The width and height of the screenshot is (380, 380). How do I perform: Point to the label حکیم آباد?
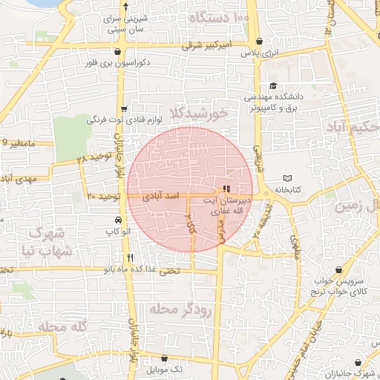(x=353, y=127)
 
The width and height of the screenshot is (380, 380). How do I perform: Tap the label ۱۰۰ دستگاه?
(x=219, y=16)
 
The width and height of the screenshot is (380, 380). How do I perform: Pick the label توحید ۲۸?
(x=94, y=159)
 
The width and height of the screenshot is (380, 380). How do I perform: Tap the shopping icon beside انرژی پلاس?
(x=258, y=42)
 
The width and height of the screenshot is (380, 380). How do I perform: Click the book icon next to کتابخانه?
(x=289, y=178)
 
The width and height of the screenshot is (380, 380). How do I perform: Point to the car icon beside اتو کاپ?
(x=119, y=220)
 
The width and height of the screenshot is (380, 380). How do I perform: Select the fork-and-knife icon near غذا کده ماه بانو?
(x=131, y=258)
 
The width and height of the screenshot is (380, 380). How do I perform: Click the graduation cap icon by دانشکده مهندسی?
(x=272, y=86)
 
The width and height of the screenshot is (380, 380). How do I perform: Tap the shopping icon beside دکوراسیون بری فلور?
(x=119, y=51)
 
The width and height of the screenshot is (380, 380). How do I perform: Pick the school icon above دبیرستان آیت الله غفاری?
(x=226, y=189)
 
